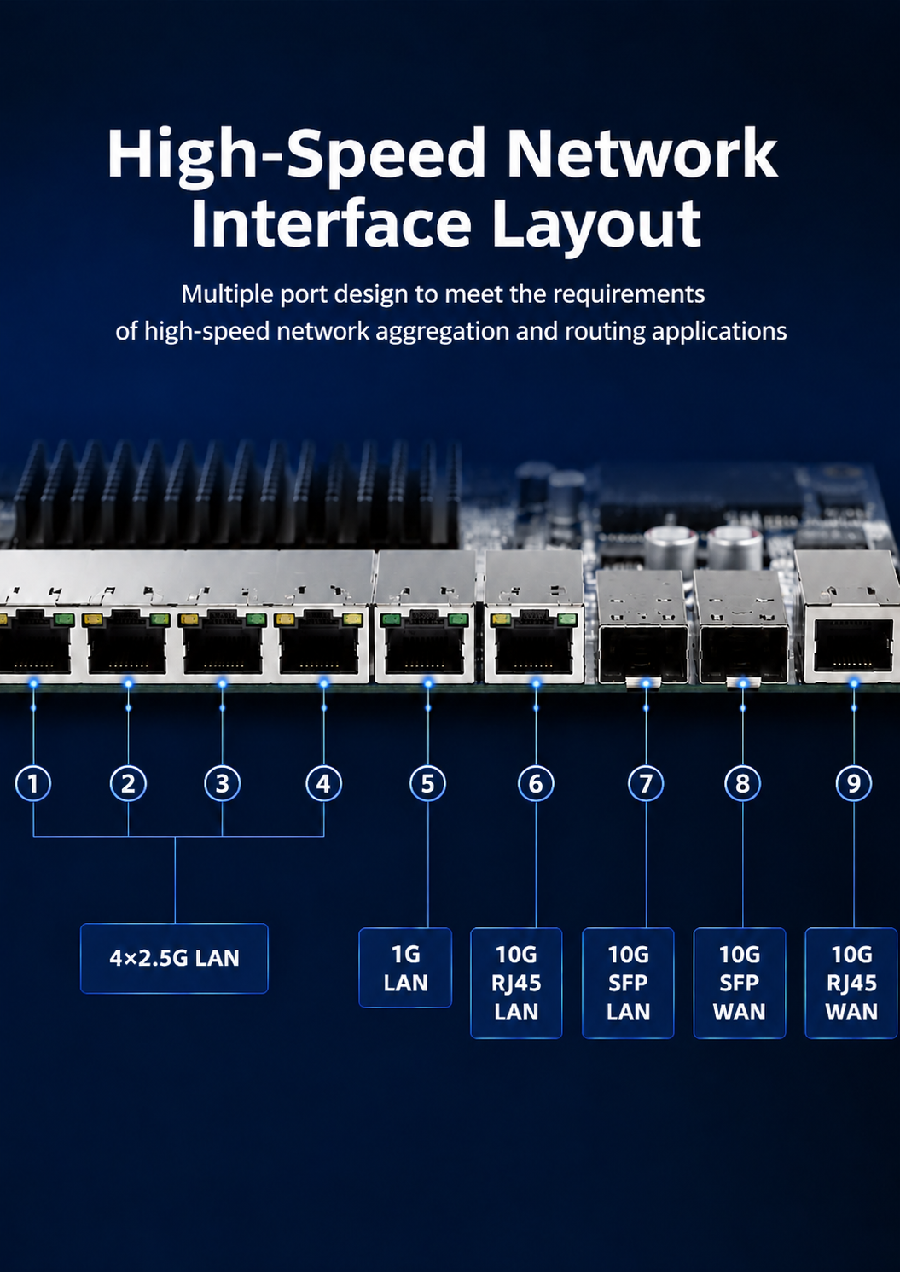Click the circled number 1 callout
pos(33,784)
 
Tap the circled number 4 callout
pos(323,784)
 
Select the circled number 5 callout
pos(427,784)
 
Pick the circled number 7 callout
pos(646,784)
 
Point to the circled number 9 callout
pos(853,784)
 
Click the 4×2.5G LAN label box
pos(174,959)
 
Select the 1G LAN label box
pos(405,967)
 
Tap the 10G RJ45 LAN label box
pos(516,983)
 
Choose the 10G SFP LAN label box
pos(628,983)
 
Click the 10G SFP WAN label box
pos(740,983)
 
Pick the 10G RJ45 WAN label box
pos(851,983)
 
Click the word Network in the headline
pos(642,154)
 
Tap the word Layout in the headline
pos(596,224)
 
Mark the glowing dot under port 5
pos(428,683)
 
